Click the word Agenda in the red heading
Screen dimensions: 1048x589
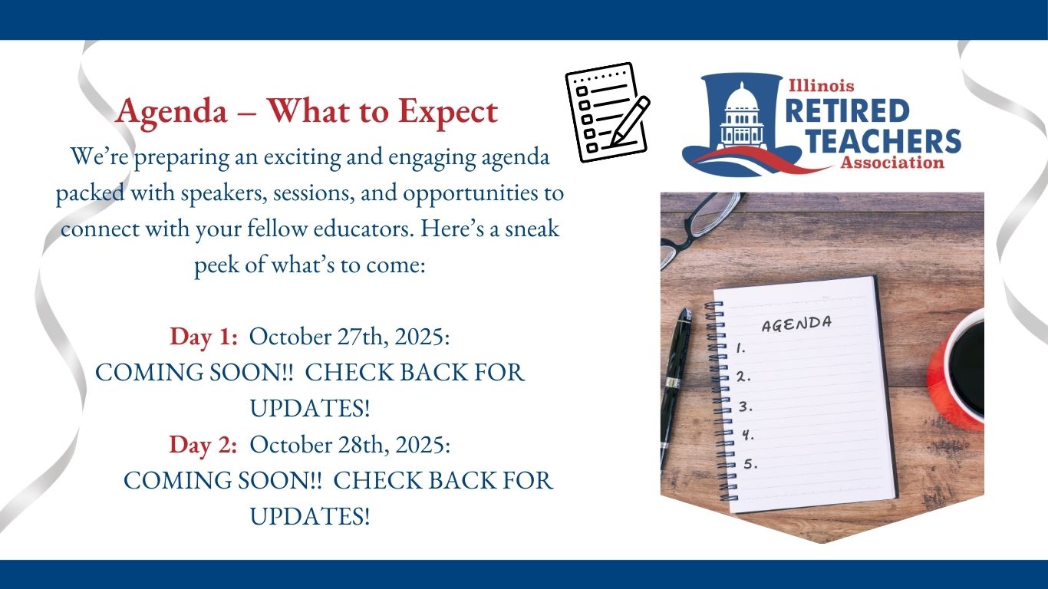tap(172, 112)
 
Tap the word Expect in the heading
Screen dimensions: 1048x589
tap(448, 112)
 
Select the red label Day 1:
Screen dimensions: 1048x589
tap(203, 337)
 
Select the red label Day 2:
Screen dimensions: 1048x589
tap(203, 445)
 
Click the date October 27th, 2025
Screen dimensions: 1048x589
tap(349, 337)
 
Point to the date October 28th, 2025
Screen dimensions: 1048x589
tap(350, 445)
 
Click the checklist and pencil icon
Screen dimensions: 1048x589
tap(608, 112)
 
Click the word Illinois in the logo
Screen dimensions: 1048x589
tap(821, 86)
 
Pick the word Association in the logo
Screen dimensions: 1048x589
tap(892, 163)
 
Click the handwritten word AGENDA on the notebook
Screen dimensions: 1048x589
tap(796, 324)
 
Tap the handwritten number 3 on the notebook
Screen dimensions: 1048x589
tap(745, 406)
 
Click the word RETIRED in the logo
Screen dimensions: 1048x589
tap(848, 110)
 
